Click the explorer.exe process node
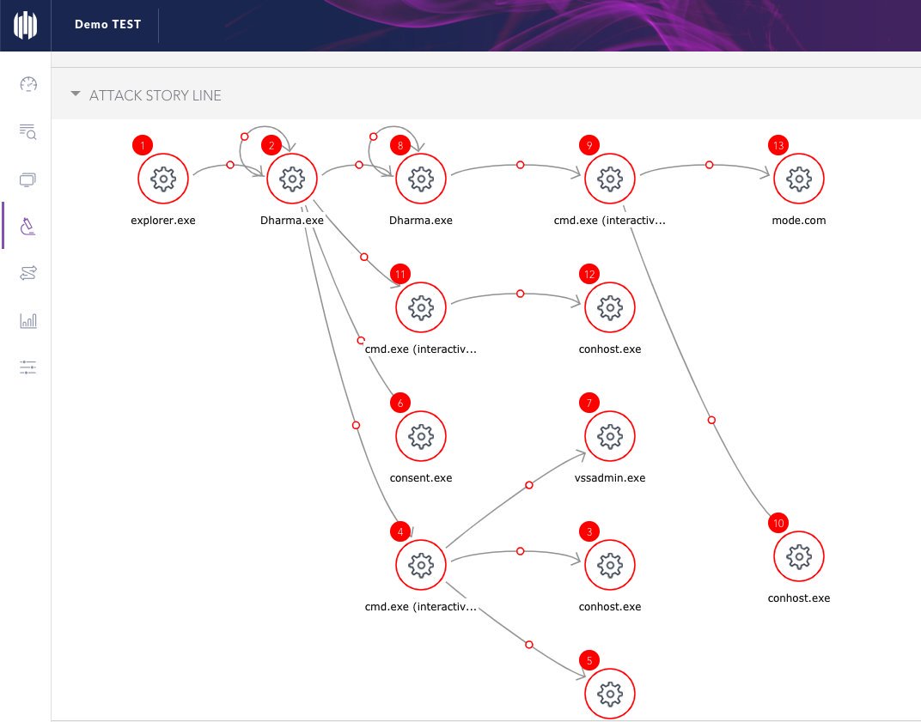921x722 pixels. tap(163, 179)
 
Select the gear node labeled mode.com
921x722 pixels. tap(799, 179)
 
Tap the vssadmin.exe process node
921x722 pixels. tap(610, 437)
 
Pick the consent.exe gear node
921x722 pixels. tap(421, 437)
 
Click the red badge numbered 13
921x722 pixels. tap(778, 145)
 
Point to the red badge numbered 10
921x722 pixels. tap(778, 523)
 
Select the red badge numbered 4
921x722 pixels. tap(400, 531)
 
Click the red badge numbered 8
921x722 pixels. tap(400, 145)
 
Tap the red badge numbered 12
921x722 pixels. tap(589, 274)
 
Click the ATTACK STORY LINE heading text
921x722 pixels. tap(155, 95)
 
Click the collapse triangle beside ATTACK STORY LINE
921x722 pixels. tap(76, 94)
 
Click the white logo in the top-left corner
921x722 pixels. tap(26, 25)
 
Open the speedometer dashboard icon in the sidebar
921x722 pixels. tap(28, 84)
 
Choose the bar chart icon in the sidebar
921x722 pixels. tap(28, 320)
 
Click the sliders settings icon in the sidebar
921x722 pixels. tap(28, 367)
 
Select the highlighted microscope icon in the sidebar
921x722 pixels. tap(28, 226)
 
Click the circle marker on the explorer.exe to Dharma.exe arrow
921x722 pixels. tap(229, 165)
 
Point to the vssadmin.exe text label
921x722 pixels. tap(610, 478)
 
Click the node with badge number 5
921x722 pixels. tap(610, 694)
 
